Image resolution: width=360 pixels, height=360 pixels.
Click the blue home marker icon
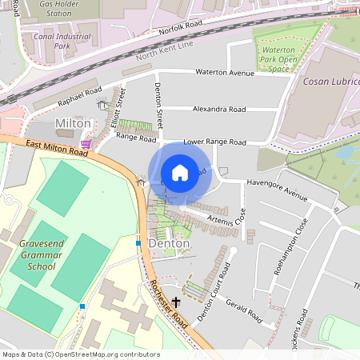tap(180, 173)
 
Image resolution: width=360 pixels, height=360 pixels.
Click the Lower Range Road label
tap(214, 142)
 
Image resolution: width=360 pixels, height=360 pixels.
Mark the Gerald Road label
tap(243, 310)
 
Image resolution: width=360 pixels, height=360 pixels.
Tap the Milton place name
tap(73, 124)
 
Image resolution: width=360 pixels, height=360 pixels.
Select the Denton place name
tap(170, 243)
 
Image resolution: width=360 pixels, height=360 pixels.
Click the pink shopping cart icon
tap(86, 144)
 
